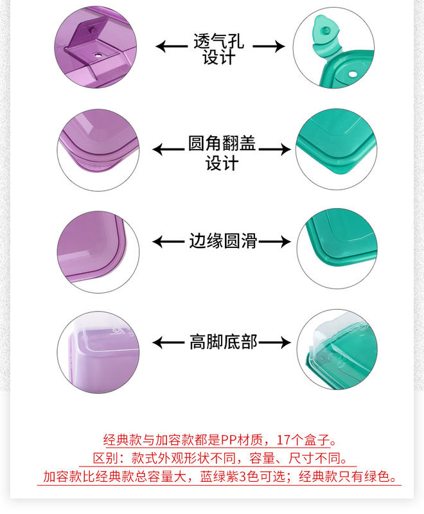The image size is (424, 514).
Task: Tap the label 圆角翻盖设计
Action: (x=222, y=153)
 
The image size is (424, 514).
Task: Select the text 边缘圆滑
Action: (x=223, y=242)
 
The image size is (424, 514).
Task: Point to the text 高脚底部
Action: (x=223, y=342)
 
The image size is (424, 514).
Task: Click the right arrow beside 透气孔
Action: (x=269, y=46)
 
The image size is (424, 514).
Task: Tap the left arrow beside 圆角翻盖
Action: (x=168, y=150)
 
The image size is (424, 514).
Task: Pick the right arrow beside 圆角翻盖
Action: (x=275, y=150)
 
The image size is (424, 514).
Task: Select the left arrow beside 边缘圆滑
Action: (x=168, y=242)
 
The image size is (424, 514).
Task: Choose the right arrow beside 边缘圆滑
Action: (x=275, y=242)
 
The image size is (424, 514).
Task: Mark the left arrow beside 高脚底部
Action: (x=168, y=342)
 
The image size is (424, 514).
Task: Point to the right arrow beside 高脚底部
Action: (x=275, y=342)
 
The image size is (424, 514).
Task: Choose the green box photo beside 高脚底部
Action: (x=333, y=351)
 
